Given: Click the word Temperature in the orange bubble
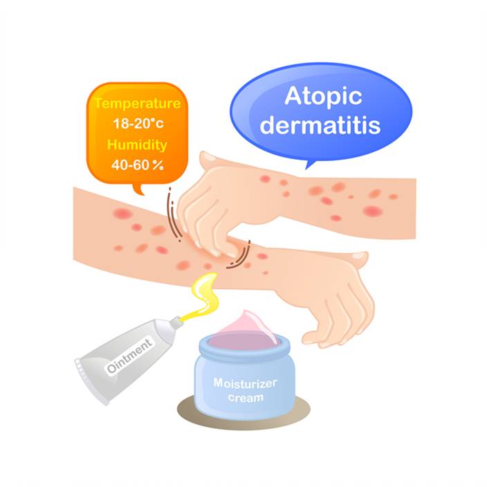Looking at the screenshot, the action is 137,104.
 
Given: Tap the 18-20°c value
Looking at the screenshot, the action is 138,124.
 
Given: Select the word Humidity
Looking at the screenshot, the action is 137,145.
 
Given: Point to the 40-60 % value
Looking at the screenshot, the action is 137,165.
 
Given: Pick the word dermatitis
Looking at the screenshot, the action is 320,125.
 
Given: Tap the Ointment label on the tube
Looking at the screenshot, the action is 130,355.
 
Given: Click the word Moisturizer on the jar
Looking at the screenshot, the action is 245,383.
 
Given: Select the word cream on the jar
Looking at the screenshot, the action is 246,398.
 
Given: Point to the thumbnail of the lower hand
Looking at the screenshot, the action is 359,256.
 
